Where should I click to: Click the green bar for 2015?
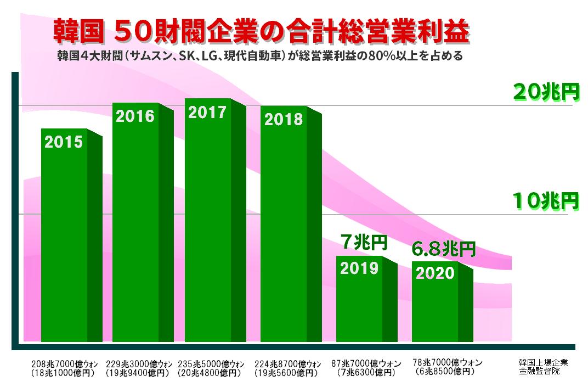[64, 236]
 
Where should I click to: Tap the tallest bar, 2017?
[208, 220]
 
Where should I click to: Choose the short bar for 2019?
[359, 299]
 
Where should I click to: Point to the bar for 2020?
[435, 302]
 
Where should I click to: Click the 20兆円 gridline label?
[546, 92]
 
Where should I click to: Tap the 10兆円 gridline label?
[546, 201]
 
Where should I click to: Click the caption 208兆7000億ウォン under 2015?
[64, 364]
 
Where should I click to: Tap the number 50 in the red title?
[131, 32]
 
